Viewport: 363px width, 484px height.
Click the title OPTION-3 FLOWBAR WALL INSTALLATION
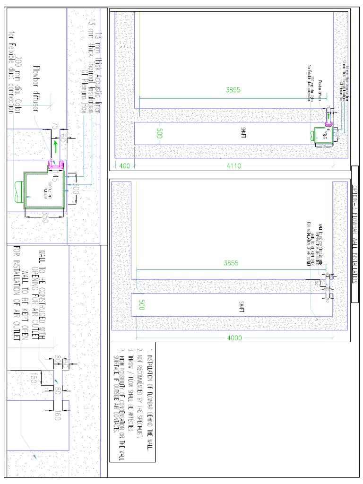pos(355,234)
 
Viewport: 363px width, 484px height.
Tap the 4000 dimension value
pos(234,337)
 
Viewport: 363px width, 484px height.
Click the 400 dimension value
pos(125,166)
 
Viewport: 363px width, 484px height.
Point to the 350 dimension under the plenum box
pos(45,218)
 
